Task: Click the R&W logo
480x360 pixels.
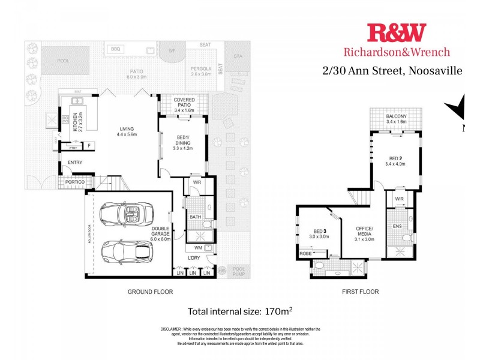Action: (396, 32)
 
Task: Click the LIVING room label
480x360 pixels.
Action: (126, 128)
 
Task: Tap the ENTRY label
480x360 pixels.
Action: (75, 163)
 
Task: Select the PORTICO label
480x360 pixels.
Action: (75, 182)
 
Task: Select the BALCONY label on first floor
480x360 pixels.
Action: (397, 116)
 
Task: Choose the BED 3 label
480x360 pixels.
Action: (320, 231)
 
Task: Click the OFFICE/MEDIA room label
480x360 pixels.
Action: (365, 231)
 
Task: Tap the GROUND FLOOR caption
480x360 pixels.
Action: (150, 292)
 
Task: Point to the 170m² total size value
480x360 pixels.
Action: (278, 311)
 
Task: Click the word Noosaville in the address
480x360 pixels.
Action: (436, 71)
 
